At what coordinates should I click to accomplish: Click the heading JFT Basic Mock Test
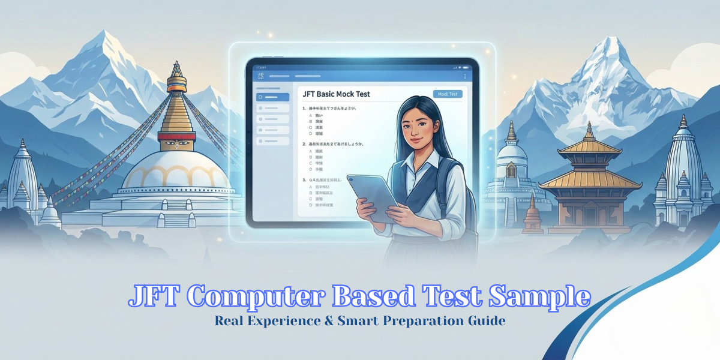(337, 94)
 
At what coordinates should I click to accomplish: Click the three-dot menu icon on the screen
(465, 76)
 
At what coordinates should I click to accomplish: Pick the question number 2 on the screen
(304, 145)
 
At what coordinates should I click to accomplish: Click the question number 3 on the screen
(304, 179)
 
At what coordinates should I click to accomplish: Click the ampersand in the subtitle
(346, 321)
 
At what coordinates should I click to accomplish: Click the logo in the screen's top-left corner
(260, 76)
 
